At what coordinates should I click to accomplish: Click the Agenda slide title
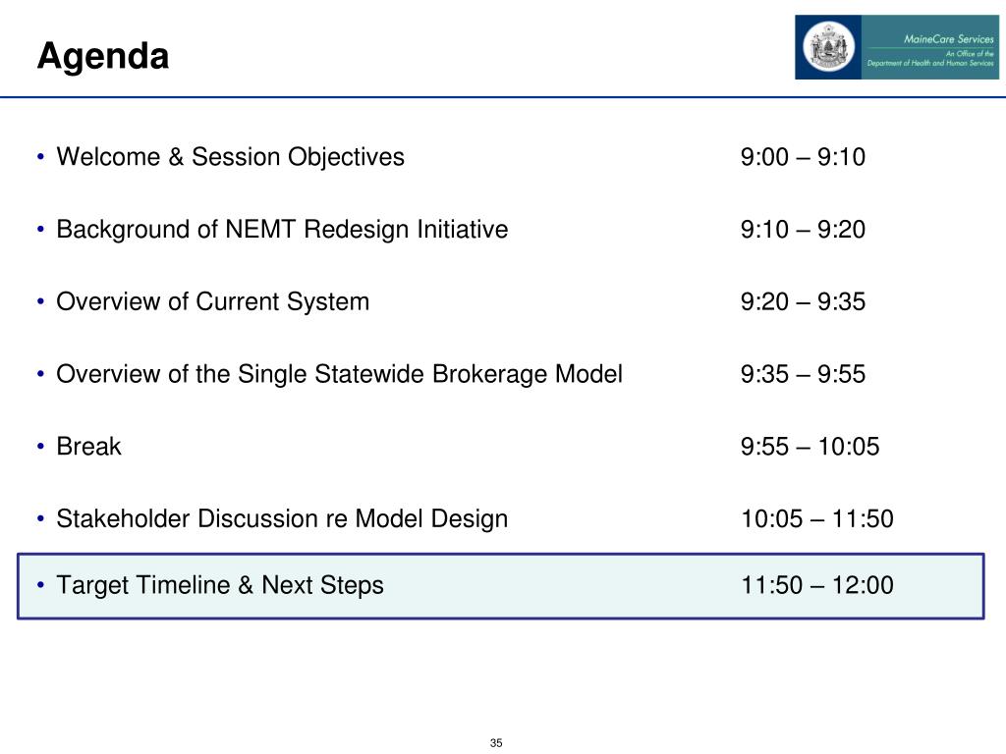click(x=103, y=56)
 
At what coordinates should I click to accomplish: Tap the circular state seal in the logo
click(x=828, y=47)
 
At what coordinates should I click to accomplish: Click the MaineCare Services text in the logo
click(x=948, y=39)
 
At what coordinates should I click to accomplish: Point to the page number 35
click(x=496, y=743)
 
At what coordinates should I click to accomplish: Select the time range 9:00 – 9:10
click(x=803, y=157)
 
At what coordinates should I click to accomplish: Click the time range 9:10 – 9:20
click(x=803, y=230)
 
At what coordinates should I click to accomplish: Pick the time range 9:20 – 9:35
click(x=803, y=302)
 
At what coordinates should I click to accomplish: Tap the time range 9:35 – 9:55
click(x=803, y=374)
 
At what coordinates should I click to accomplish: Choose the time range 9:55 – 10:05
click(x=810, y=447)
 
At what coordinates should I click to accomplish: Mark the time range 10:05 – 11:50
click(x=816, y=519)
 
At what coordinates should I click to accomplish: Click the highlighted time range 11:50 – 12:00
click(x=816, y=585)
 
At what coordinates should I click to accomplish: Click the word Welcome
click(x=108, y=157)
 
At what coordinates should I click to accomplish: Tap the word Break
click(x=88, y=447)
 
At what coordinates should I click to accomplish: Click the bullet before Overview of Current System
click(x=41, y=302)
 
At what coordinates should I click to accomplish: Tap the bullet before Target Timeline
click(x=41, y=585)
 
